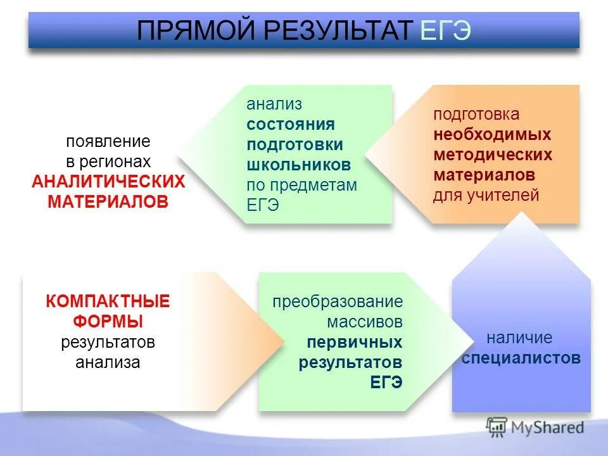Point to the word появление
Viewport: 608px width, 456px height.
[108, 141]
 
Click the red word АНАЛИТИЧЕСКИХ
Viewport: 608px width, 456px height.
[108, 182]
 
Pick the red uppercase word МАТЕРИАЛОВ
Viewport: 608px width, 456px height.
[108, 202]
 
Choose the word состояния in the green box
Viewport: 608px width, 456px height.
[291, 123]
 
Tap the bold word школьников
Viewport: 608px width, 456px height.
[298, 165]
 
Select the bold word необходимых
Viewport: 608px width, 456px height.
[492, 134]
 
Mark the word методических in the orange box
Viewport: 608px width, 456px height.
[493, 155]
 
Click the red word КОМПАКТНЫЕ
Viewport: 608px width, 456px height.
[108, 301]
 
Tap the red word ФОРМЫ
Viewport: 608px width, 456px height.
[108, 321]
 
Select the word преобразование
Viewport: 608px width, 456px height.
[338, 301]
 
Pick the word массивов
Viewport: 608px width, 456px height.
[365, 322]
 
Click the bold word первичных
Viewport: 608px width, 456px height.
[355, 342]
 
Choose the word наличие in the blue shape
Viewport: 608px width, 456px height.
[519, 338]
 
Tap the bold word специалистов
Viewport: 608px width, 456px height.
[521, 358]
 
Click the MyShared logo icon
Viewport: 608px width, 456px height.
[497, 427]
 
